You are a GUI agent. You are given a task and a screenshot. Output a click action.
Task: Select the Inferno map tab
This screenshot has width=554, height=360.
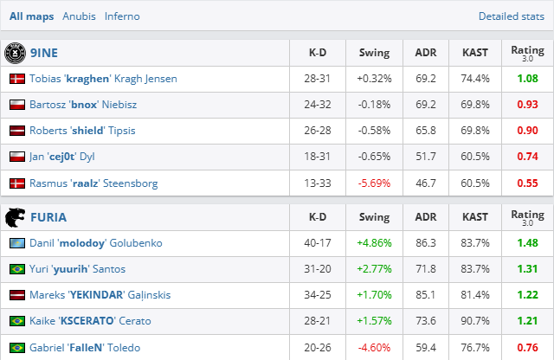pyautogui.click(x=122, y=16)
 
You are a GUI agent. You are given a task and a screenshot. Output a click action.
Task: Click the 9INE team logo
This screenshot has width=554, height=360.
pyautogui.click(x=16, y=53)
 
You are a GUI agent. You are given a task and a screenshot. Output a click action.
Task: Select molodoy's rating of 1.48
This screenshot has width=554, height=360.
pyautogui.click(x=527, y=243)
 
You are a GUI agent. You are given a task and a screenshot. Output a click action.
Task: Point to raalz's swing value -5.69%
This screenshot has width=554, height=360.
pyautogui.click(x=374, y=183)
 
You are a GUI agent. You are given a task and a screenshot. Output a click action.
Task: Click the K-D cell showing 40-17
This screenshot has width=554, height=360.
pyautogui.click(x=317, y=243)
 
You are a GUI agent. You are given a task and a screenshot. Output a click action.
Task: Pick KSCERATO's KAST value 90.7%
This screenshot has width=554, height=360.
pyautogui.click(x=474, y=321)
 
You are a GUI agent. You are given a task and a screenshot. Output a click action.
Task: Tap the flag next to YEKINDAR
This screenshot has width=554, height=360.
pyautogui.click(x=16, y=295)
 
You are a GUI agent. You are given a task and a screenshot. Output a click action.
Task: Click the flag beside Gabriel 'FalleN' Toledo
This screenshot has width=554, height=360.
pyautogui.click(x=16, y=347)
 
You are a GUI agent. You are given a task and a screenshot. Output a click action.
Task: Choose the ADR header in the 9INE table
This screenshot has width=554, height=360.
pyautogui.click(x=425, y=53)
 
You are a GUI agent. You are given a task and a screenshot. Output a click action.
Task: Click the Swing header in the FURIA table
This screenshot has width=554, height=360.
pyautogui.click(x=374, y=217)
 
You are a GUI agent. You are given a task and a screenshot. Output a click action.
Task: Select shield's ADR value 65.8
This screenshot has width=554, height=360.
pyautogui.click(x=425, y=131)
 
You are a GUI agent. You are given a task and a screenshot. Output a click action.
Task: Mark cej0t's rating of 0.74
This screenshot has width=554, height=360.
pyautogui.click(x=527, y=157)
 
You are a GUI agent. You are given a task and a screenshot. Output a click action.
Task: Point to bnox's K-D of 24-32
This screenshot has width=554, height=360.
pyautogui.click(x=317, y=105)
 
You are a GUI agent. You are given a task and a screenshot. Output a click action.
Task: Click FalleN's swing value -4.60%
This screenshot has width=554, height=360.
pyautogui.click(x=374, y=347)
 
